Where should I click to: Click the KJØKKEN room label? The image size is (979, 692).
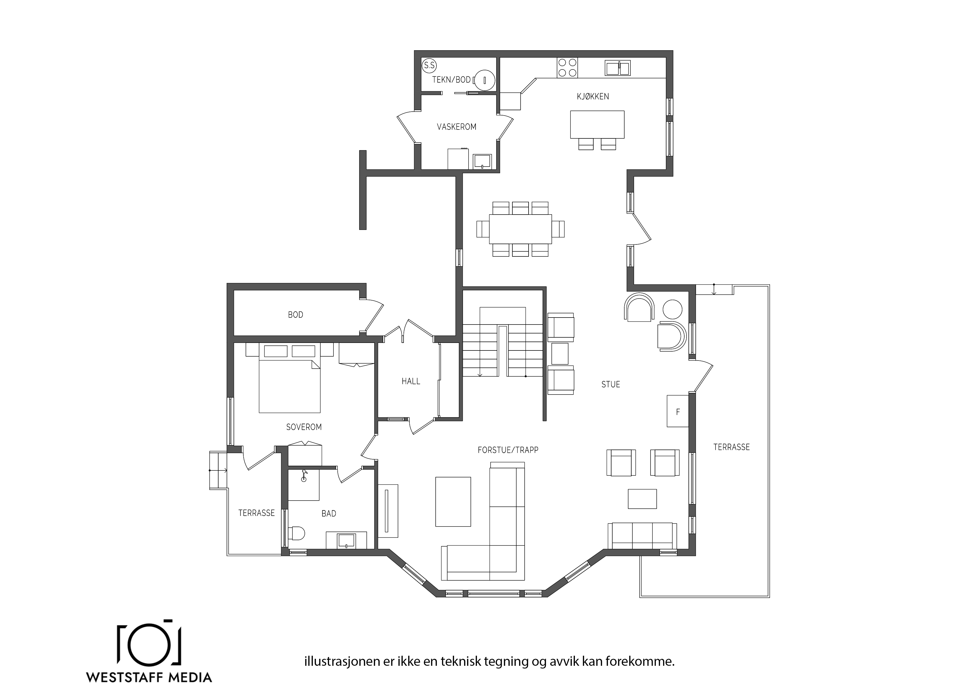(593, 96)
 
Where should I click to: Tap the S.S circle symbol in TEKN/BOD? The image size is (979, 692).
(429, 66)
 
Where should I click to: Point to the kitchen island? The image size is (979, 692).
(597, 124)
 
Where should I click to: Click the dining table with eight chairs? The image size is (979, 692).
(520, 229)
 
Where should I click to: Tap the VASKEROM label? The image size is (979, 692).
(456, 127)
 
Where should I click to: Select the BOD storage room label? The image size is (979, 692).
(296, 315)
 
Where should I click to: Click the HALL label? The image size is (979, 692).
(411, 381)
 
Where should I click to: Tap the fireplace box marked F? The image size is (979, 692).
(678, 411)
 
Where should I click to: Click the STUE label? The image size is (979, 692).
(611, 385)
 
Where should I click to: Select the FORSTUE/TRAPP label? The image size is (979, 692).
(508, 450)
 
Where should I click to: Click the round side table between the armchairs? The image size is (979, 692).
(672, 309)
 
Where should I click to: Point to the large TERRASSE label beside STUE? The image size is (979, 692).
(731, 447)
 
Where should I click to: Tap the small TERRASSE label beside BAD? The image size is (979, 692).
(256, 513)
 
